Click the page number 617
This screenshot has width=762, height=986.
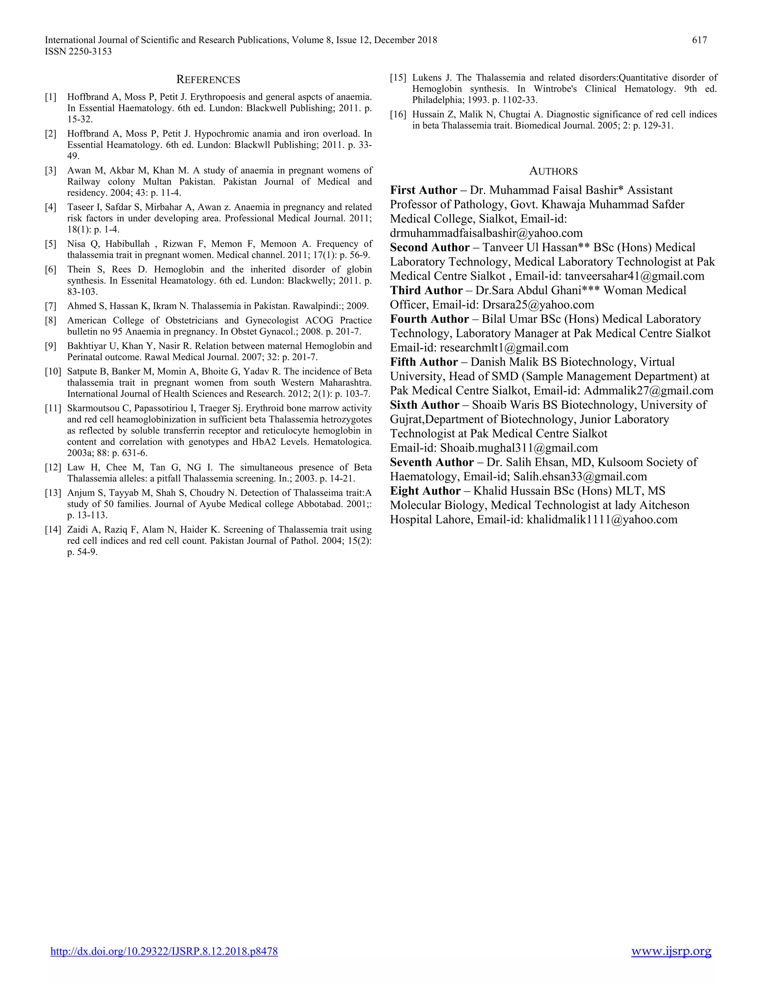click(699, 40)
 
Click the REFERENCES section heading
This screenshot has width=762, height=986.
click(208, 80)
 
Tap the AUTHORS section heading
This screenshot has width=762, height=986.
click(553, 172)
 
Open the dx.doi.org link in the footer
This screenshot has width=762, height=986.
click(164, 951)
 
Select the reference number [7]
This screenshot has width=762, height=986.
click(51, 306)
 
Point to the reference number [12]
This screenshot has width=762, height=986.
click(52, 468)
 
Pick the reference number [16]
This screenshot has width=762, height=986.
click(398, 115)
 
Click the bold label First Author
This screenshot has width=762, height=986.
click(423, 190)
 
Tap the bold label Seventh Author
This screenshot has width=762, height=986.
click(432, 462)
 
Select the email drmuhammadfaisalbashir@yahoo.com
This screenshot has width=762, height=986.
click(486, 233)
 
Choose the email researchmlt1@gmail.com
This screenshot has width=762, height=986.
click(504, 348)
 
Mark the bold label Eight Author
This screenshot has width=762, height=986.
click(425, 491)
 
